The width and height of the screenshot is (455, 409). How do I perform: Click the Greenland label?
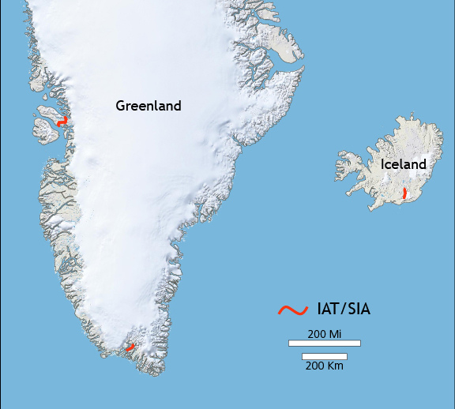[x=149, y=106]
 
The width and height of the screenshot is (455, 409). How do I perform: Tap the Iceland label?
[x=403, y=164]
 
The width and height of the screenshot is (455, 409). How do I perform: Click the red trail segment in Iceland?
[x=403, y=193]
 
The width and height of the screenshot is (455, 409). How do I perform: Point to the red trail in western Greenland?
[x=62, y=122]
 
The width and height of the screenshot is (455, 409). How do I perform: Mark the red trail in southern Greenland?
[x=130, y=347]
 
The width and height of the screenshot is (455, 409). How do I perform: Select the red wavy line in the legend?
[x=292, y=310]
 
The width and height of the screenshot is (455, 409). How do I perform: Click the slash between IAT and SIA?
[x=341, y=310]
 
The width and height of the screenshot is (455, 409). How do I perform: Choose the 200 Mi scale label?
[x=324, y=334]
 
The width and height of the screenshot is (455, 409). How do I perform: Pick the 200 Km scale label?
[x=324, y=366]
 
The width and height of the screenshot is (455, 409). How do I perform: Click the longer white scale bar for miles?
[x=324, y=343]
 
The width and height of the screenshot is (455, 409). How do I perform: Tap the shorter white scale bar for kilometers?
[x=324, y=356]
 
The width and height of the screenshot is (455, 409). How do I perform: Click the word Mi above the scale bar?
[x=335, y=334]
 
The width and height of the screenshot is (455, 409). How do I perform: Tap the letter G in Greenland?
[x=121, y=106]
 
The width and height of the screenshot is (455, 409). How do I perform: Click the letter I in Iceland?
[x=383, y=164]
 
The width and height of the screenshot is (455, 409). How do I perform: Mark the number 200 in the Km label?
[x=315, y=366]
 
